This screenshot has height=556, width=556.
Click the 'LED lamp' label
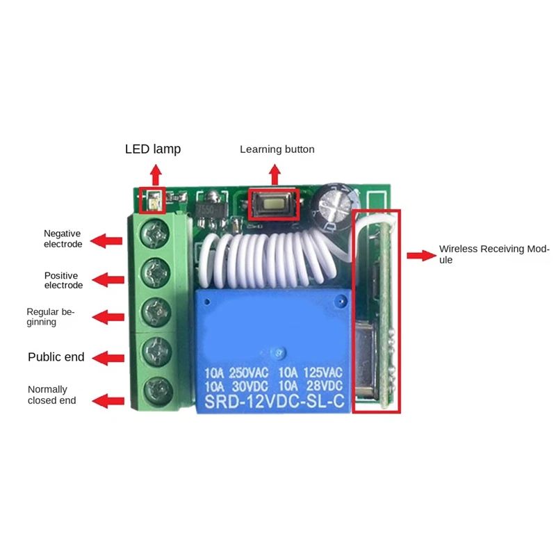tap(152, 149)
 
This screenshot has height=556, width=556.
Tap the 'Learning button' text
tap(277, 149)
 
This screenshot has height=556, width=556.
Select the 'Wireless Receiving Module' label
tap(493, 254)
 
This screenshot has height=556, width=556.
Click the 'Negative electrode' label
tap(63, 238)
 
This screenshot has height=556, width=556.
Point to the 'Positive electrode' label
tap(63, 280)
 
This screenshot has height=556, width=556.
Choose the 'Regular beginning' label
tap(50, 317)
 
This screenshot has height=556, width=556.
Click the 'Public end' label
tap(56, 357)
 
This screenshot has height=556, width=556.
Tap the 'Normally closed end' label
tap(51, 395)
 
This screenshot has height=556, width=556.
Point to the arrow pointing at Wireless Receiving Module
tap(420, 255)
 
